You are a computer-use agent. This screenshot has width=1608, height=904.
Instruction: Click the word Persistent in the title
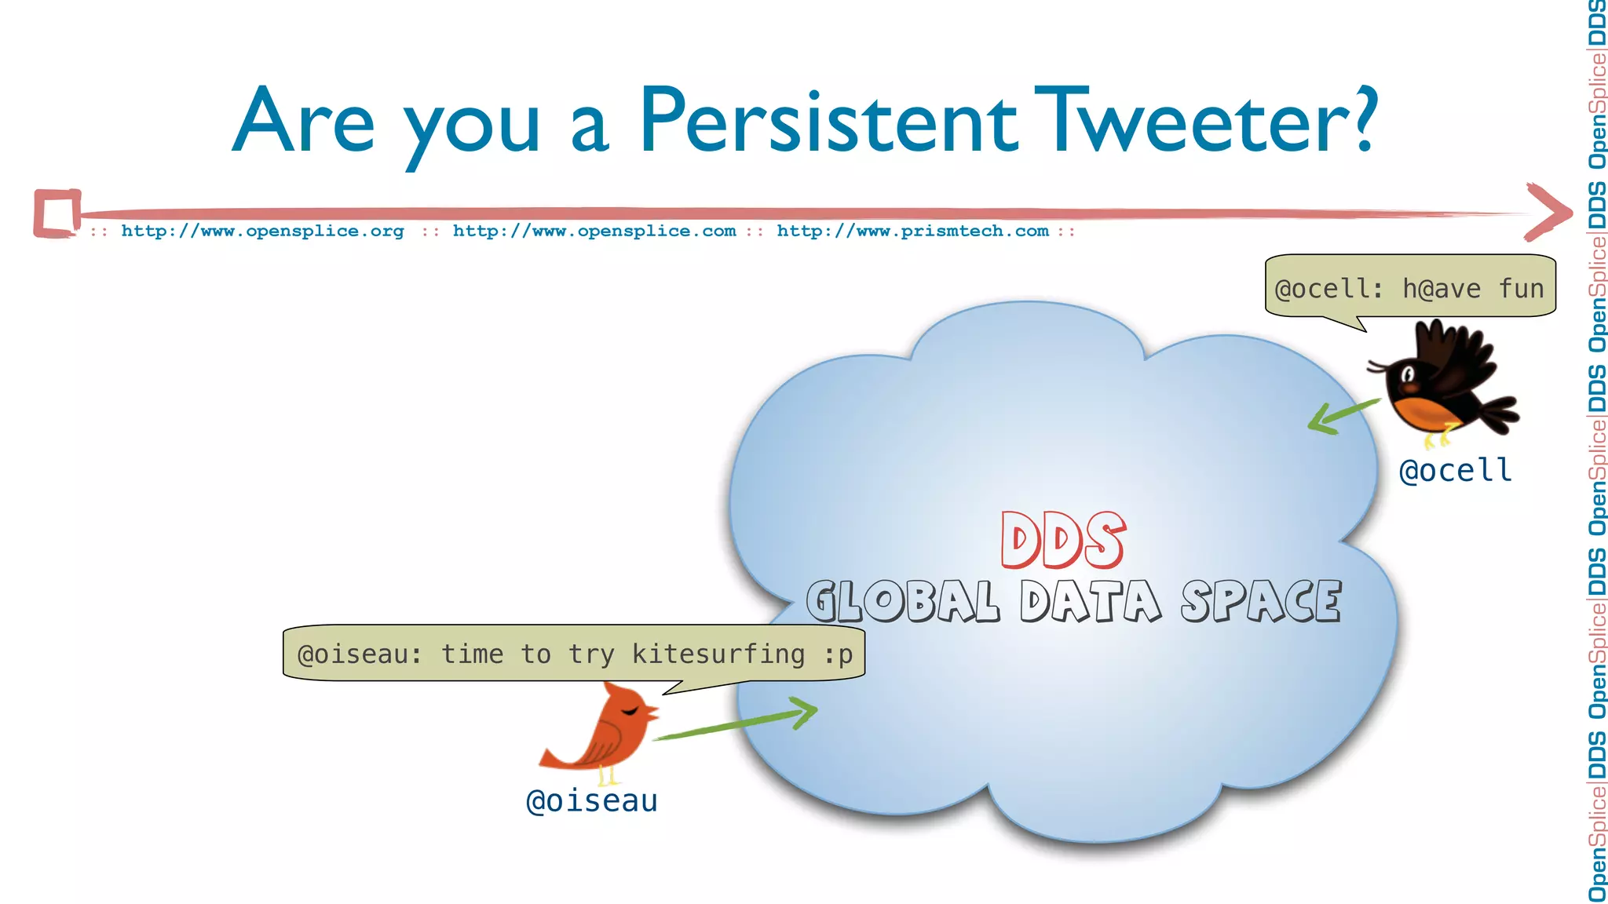tap(828, 122)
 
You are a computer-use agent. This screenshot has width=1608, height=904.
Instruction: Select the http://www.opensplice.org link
tap(262, 231)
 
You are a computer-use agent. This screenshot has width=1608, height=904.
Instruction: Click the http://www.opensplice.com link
tap(594, 231)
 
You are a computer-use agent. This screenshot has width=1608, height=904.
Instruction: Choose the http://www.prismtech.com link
tap(912, 231)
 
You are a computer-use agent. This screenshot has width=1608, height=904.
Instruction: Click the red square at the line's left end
tap(57, 213)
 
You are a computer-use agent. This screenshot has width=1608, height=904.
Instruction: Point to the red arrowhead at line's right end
tap(1548, 212)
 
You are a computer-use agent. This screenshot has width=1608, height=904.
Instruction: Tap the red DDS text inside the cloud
tap(1062, 541)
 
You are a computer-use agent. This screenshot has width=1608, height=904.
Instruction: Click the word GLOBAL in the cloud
tap(903, 602)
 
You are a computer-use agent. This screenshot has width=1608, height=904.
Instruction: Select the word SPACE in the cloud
tap(1261, 602)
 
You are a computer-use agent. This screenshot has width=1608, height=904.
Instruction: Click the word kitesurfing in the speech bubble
tap(718, 654)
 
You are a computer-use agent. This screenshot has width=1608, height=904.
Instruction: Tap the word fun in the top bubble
tap(1521, 289)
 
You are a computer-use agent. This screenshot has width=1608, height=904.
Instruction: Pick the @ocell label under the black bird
tap(1455, 471)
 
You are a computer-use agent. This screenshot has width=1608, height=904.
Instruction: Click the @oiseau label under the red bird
tap(591, 801)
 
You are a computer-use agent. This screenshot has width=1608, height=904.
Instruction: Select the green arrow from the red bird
tap(734, 723)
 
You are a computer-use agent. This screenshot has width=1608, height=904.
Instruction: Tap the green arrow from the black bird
tap(1343, 415)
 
